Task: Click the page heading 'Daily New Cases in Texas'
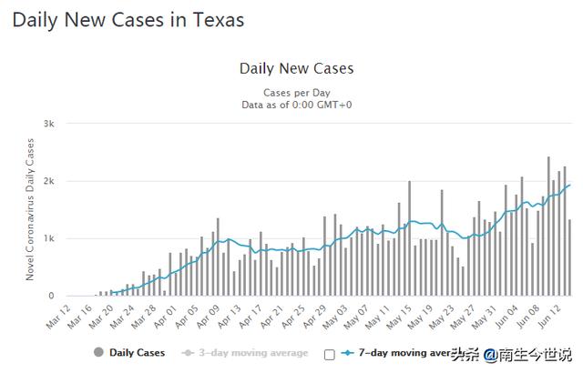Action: (128, 19)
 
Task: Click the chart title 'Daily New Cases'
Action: (296, 68)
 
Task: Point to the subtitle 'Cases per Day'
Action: (296, 93)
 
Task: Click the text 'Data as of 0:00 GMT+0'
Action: (296, 105)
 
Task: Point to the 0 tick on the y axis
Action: (52, 296)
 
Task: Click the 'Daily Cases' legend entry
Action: (128, 352)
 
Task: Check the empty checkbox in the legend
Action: (329, 353)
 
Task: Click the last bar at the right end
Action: (570, 257)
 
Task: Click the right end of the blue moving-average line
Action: (569, 186)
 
